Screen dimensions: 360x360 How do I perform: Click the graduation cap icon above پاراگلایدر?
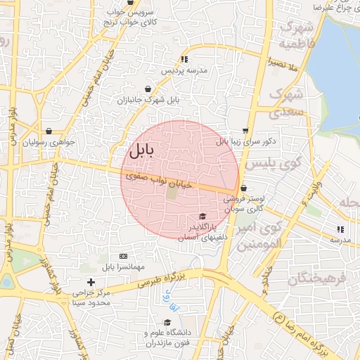tap(202, 217)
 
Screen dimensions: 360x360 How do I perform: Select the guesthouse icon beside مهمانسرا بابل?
tap(124, 256)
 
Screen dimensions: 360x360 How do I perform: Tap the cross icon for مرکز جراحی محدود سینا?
tap(91, 282)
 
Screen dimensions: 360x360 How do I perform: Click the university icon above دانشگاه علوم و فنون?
tap(167, 323)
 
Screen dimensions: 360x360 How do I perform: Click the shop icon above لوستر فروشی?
tap(243, 188)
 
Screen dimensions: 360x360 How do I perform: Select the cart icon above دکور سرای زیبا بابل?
tap(245, 130)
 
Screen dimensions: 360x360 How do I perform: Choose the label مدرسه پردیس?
tap(185, 71)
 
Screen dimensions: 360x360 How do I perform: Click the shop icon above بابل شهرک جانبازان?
tap(148, 89)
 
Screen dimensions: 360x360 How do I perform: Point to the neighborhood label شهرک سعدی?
tap(286, 103)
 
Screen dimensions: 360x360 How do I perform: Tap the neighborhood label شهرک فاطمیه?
tap(295, 35)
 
